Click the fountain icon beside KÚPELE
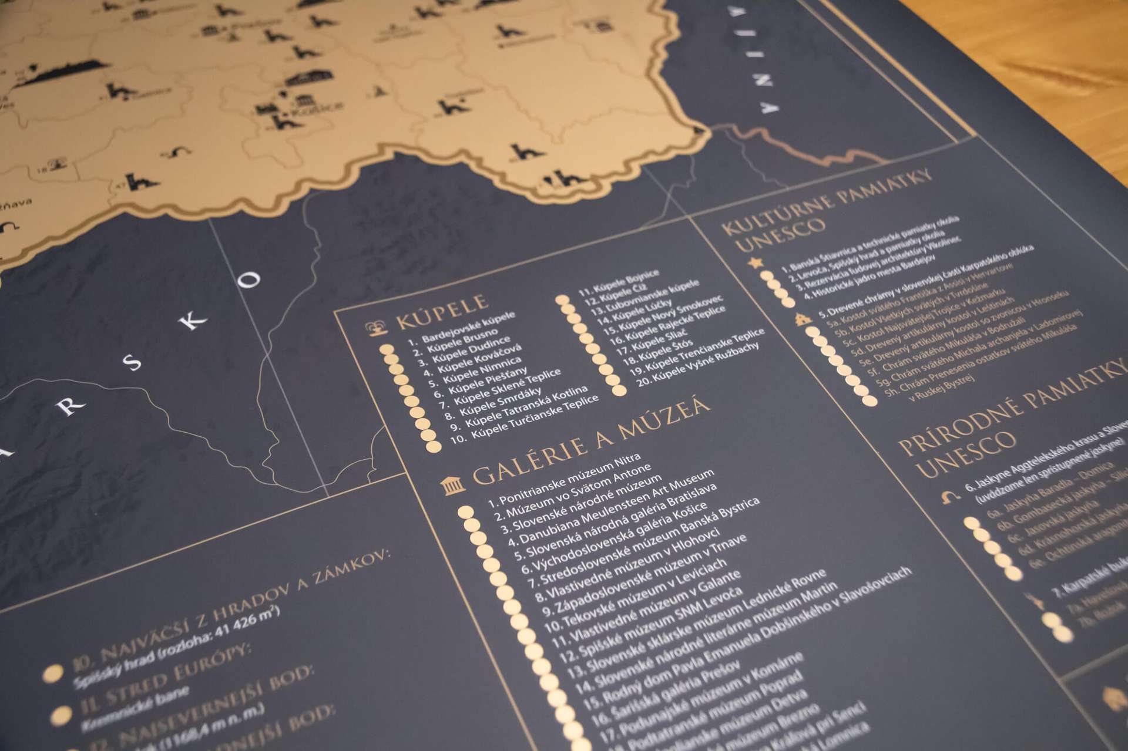coord(373,330)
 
